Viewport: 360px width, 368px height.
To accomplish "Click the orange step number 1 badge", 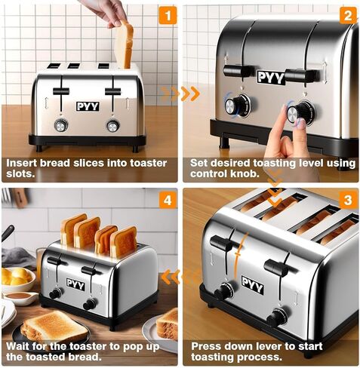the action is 168,16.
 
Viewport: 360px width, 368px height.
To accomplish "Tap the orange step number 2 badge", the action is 348,16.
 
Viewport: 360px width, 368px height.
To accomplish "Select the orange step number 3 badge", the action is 348,200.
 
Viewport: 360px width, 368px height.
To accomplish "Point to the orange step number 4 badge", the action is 168,200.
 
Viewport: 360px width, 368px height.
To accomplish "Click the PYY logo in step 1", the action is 88,106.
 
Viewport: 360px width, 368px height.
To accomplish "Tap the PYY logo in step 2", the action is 271,77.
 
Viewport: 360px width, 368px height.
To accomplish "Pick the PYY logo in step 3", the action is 253,285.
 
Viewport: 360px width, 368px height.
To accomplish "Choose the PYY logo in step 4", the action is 75,284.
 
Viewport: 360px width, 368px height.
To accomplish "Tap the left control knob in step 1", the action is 61,125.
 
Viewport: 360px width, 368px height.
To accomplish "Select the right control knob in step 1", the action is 113,126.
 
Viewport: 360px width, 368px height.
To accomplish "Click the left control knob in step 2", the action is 236,106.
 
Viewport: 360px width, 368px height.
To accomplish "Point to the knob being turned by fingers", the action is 300,112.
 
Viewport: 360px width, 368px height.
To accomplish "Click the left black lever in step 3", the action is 221,244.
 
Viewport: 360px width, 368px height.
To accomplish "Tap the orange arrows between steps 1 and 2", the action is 180,94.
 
